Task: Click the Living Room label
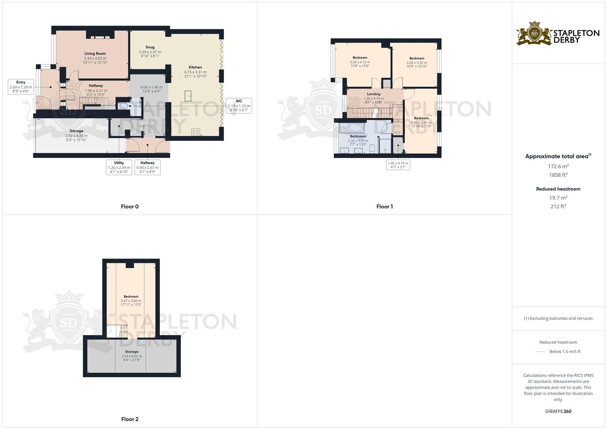point(95,54)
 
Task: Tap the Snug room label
point(150,47)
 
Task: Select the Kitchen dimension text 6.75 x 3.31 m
point(196,72)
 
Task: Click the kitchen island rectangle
point(188,96)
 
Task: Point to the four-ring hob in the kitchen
point(196,132)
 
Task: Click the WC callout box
point(239,106)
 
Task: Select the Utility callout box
point(119,167)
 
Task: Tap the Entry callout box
point(21,87)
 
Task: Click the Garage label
point(76,131)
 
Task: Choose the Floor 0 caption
point(130,207)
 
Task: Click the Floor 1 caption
point(384,207)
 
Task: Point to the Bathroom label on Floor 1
point(358,136)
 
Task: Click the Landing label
point(374,94)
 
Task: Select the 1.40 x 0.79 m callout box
point(398,165)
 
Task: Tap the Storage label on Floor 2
point(132,352)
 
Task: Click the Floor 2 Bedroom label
point(131,297)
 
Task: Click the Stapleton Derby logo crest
point(534,34)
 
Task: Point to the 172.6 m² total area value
point(558,166)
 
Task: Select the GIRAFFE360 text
point(558,412)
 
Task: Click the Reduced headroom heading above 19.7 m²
point(558,189)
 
